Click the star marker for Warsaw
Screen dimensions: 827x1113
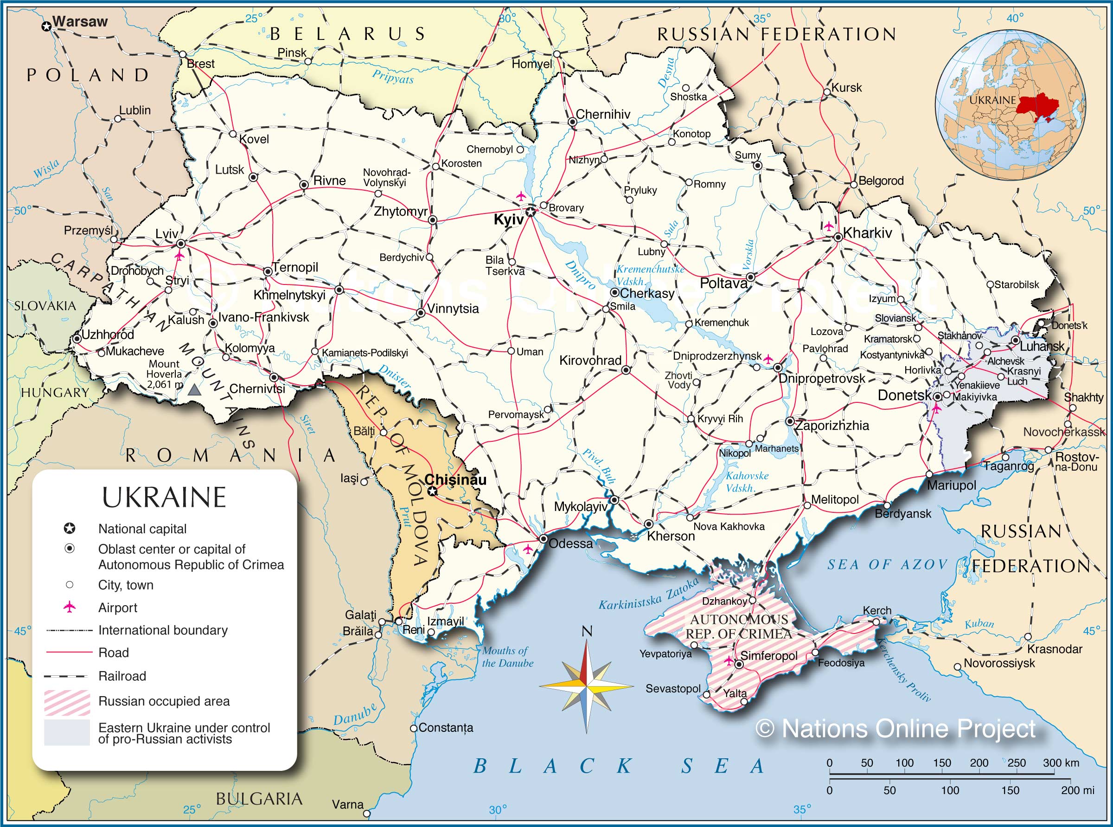(46, 26)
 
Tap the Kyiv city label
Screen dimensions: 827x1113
(508, 219)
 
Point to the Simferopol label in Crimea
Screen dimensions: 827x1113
(769, 655)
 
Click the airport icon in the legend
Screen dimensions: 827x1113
(70, 607)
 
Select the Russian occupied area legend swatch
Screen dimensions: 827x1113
(67, 702)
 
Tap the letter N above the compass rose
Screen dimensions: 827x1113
(587, 631)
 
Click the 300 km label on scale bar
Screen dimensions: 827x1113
(1061, 763)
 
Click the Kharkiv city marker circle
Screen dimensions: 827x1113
(838, 238)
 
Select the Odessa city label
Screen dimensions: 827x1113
(570, 543)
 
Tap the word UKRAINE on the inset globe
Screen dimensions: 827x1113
(992, 100)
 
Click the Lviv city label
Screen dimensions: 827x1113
(166, 233)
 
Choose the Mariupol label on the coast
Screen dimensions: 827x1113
(951, 485)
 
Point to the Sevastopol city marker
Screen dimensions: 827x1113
(706, 694)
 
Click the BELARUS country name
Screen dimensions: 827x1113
(348, 34)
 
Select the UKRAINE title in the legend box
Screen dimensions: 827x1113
(164, 497)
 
